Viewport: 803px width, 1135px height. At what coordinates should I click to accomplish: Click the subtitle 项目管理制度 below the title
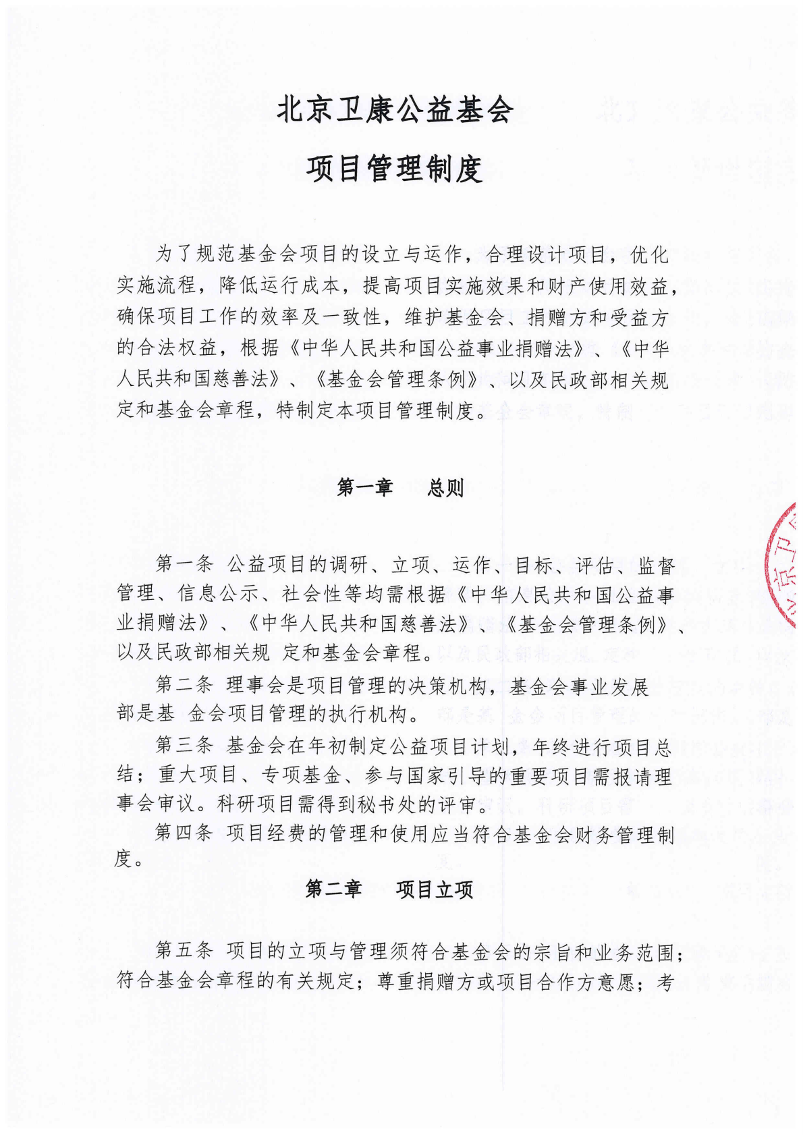click(395, 169)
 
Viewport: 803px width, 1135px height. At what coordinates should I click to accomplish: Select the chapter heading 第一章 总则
click(400, 487)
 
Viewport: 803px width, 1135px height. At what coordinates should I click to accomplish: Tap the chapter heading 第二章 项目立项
click(389, 889)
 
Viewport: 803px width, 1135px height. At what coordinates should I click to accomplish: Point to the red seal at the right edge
click(787, 567)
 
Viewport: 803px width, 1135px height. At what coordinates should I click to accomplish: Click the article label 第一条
click(184, 564)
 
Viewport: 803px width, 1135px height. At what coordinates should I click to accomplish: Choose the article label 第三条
click(184, 746)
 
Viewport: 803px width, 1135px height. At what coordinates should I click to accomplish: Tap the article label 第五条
click(184, 951)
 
